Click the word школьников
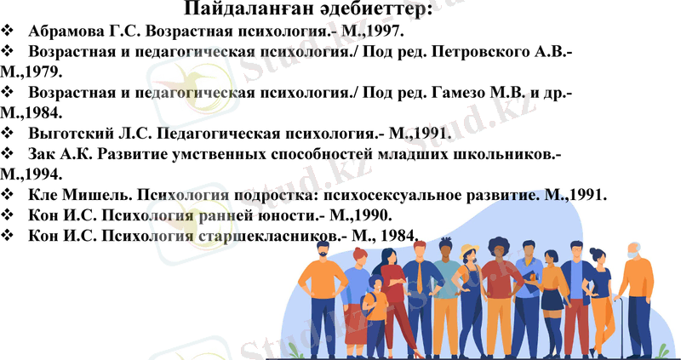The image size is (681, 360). pos(506,154)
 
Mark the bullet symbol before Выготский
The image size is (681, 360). pos(9,133)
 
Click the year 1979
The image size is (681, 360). pos(34,73)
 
